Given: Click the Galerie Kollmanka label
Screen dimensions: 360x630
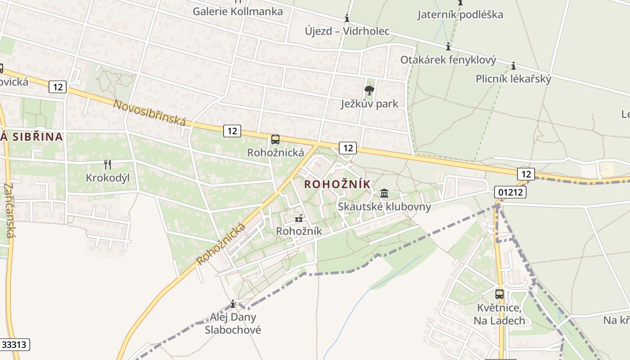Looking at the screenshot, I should pyautogui.click(x=238, y=11).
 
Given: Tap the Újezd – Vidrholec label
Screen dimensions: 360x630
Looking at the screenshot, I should pyautogui.click(x=346, y=31).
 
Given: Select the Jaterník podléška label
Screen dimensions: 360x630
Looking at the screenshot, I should pyautogui.click(x=460, y=14).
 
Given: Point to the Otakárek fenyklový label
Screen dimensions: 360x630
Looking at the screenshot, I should pyautogui.click(x=448, y=60).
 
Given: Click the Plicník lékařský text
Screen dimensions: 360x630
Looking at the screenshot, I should pyautogui.click(x=513, y=79).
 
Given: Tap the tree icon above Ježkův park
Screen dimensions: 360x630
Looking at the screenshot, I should pyautogui.click(x=369, y=90).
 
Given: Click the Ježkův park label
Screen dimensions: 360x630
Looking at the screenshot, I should pyautogui.click(x=369, y=104).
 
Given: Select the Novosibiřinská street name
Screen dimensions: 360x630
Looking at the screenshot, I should pyautogui.click(x=149, y=112).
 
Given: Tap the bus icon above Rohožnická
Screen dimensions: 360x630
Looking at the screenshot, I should pyautogui.click(x=275, y=139).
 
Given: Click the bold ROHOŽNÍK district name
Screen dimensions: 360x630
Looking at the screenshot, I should pyautogui.click(x=337, y=184).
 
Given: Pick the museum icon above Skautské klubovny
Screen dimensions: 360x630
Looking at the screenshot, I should pyautogui.click(x=384, y=193).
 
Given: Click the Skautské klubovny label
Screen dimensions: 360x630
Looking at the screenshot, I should pyautogui.click(x=384, y=207).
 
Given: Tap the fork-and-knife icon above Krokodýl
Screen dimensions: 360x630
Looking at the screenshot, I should pyautogui.click(x=108, y=165).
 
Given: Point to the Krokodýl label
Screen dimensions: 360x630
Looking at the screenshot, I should pyautogui.click(x=108, y=178).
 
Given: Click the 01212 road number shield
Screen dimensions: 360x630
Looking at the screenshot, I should pyautogui.click(x=510, y=192).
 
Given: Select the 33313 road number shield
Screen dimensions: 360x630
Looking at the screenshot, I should pyautogui.click(x=15, y=345).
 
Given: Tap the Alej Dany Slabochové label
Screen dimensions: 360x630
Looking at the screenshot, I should pyautogui.click(x=233, y=323).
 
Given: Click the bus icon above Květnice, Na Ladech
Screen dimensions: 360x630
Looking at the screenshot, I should pyautogui.click(x=499, y=294).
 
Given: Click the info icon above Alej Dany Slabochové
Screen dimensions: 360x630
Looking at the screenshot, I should pyautogui.click(x=233, y=304).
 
